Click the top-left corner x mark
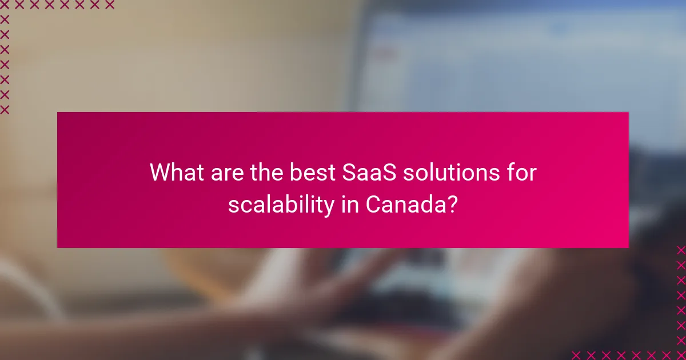pos(5,5)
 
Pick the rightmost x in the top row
pos(110,5)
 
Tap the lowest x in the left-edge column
pos(5,109)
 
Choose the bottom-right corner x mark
pos(681,355)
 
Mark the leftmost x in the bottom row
pos(576,355)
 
